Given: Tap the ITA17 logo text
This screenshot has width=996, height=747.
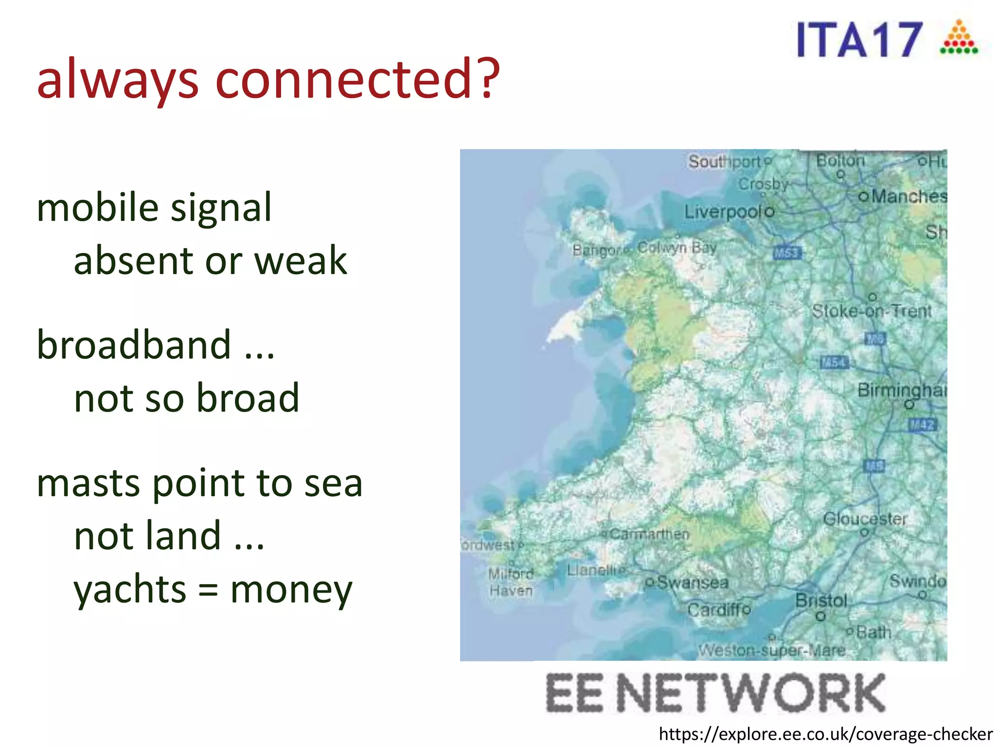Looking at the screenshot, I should pyautogui.click(x=859, y=40).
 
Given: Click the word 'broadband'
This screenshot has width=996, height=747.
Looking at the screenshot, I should pyautogui.click(x=134, y=345).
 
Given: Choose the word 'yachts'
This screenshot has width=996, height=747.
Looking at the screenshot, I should pyautogui.click(x=130, y=589).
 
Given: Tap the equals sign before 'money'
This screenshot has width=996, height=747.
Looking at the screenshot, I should pyautogui.click(x=208, y=590).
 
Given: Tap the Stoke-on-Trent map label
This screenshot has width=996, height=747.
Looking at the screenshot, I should pyautogui.click(x=871, y=311).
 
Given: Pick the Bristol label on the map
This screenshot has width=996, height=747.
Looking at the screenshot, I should pyautogui.click(x=821, y=601).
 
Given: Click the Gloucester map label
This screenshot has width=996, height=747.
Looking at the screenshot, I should pyautogui.click(x=865, y=519).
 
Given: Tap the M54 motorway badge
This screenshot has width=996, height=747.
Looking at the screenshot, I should pyautogui.click(x=834, y=362).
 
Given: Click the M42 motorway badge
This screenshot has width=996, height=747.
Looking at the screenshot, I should pyautogui.click(x=922, y=425).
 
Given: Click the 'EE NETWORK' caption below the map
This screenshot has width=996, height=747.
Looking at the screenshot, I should pyautogui.click(x=715, y=693).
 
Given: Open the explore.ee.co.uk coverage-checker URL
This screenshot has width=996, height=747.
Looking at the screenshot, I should pyautogui.click(x=825, y=734).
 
